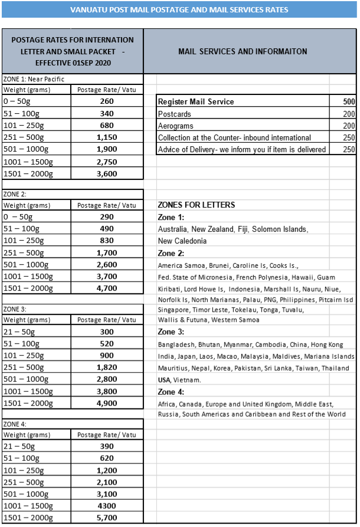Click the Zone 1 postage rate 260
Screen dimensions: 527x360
106,102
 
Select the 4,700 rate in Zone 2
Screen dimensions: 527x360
106,289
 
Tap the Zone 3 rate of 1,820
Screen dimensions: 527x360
106,367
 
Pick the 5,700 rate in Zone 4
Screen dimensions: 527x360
106,518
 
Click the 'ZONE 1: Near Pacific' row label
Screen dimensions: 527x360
34,78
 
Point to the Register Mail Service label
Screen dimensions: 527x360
196,102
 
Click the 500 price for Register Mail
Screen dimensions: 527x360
349,102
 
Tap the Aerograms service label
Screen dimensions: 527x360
176,126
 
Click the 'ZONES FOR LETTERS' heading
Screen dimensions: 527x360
197,205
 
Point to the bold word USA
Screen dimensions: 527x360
164,379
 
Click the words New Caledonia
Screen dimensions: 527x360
182,241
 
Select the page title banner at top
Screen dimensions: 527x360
179,10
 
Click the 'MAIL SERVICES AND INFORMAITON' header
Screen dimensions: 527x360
243,51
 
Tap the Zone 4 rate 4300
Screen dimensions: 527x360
106,506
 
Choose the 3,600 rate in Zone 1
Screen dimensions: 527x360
106,174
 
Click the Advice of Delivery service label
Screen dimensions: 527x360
242,149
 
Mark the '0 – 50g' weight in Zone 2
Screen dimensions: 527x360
18,217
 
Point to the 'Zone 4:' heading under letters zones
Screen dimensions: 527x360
171,392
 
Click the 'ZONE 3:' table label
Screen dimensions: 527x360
15,309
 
